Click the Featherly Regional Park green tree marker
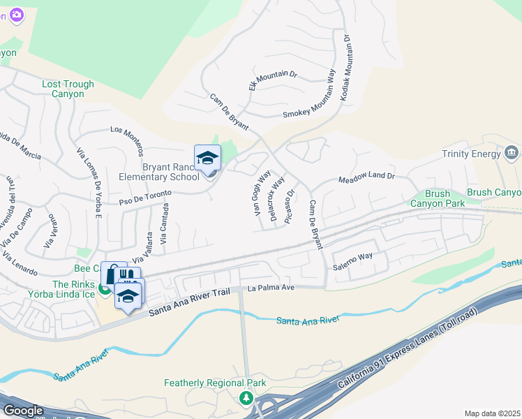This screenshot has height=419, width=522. click(246, 398)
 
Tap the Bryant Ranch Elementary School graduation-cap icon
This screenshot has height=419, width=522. click(207, 159)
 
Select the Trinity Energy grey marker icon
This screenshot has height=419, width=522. click(512, 152)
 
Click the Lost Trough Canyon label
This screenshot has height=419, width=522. click(68, 89)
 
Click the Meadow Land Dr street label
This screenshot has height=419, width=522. click(366, 178)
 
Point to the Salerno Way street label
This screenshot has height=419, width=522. click(352, 257)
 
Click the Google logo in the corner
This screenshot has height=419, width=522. click(23, 411)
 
